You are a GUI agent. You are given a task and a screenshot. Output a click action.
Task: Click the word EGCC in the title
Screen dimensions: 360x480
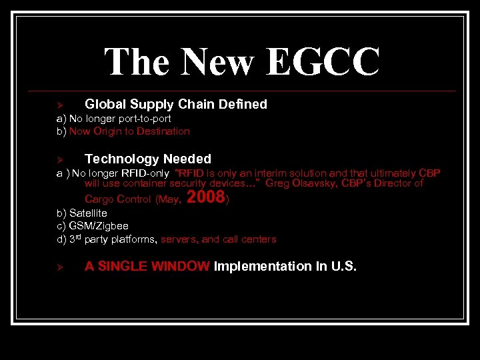[x=323, y=62]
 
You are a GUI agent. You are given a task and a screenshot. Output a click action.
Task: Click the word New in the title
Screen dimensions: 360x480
[x=217, y=62]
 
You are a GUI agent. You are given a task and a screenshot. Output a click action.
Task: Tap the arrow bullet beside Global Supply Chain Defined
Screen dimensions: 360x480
[x=59, y=105]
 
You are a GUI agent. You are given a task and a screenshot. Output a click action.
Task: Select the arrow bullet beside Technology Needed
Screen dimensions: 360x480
[x=59, y=159]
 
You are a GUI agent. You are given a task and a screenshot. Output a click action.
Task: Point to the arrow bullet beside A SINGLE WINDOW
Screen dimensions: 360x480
[x=59, y=267]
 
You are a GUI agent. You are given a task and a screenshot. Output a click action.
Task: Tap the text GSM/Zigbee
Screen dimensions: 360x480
[x=99, y=226]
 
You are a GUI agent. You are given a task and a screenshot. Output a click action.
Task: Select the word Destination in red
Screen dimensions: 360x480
[x=163, y=131]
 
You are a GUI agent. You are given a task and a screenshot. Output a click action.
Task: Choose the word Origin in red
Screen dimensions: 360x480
[x=107, y=131]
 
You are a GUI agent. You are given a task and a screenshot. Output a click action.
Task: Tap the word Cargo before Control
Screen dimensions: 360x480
[x=99, y=199]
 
